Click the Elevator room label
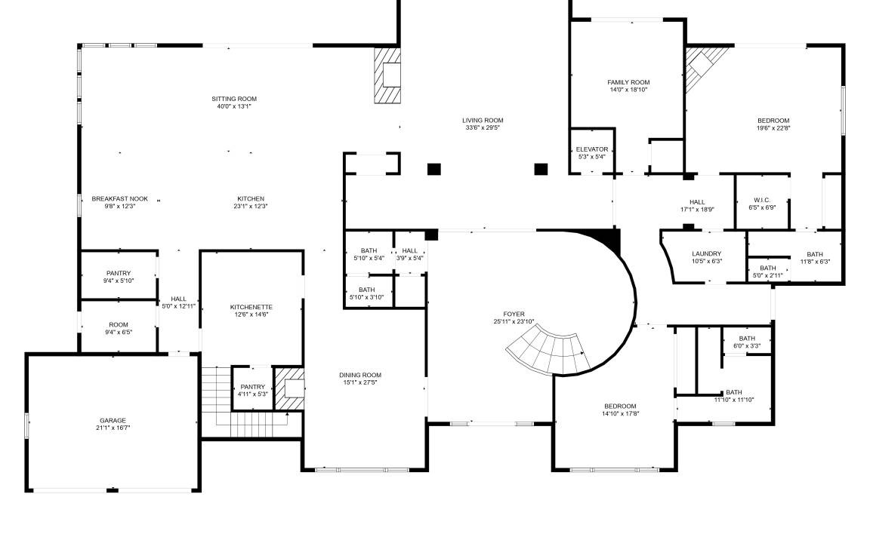(592, 149)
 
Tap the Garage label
(113, 421)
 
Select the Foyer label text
(514, 314)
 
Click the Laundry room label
(707, 253)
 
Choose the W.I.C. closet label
(762, 200)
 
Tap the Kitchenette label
(251, 307)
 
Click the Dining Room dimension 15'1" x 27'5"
(360, 382)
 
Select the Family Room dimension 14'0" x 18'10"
(628, 89)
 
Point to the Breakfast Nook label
(120, 198)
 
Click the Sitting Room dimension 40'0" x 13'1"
(234, 106)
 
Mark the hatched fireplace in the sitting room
(387, 75)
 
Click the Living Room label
(483, 120)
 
